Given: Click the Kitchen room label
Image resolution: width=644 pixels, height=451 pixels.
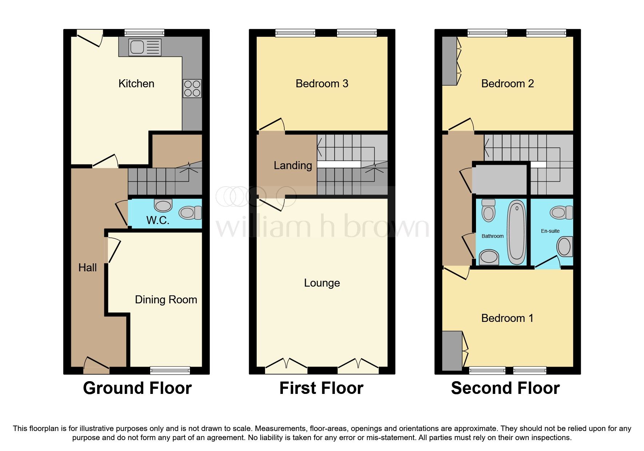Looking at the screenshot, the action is coord(136,84).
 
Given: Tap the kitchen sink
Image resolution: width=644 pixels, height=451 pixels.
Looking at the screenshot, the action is coord(145,47).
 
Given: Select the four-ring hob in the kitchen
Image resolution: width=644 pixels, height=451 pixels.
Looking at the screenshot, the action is coord(192,88).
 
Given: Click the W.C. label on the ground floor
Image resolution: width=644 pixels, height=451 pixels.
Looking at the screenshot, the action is coord(158,220).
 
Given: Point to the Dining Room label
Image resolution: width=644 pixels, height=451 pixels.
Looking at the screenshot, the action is coord(166,300).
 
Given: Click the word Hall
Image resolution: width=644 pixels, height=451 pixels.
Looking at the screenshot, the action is coord(88,268).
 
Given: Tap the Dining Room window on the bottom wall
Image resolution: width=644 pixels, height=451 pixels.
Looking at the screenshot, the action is coord(170,370).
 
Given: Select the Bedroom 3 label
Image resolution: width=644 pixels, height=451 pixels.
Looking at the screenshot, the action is coord(322,84).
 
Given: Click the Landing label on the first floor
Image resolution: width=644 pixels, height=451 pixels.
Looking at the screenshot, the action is coord(293,166).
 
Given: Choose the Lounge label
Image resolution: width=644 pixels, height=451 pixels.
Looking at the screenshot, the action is coord(322,283).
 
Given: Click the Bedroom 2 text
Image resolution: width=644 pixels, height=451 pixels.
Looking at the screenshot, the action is coord(508,84).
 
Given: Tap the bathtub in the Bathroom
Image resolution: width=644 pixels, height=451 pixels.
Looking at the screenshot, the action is coord(517,233).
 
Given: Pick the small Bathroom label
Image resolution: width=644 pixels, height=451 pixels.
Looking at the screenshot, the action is coord(493,236).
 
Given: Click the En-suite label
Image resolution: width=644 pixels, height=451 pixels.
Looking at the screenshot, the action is coord(550,231).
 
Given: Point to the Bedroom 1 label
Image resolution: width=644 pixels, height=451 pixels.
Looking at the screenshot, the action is coord(507,318).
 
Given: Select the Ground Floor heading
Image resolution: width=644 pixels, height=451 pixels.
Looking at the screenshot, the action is coord(137,388).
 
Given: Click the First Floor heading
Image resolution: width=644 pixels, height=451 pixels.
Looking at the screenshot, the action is coord(321,388).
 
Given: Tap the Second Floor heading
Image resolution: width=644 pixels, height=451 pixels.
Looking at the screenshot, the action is coord(505,388).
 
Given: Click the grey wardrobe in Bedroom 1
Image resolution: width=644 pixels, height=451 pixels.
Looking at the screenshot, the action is coord(452,351).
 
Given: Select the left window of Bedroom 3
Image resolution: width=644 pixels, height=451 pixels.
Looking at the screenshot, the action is coord(295,33).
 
